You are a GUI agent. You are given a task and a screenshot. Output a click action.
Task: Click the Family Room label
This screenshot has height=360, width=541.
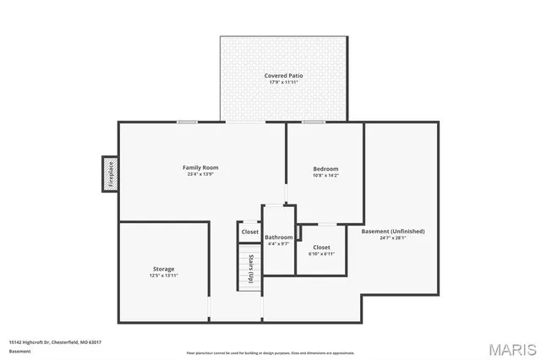201,167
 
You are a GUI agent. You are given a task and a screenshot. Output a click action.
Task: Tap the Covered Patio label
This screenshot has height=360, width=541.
283,76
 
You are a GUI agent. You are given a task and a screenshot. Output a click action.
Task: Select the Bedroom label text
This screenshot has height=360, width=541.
325,169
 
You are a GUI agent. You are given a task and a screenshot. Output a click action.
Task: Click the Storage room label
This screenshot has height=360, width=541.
164,268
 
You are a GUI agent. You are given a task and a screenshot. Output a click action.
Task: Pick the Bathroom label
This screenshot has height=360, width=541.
278,238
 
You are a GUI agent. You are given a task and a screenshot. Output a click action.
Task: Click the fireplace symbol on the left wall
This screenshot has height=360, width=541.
109,174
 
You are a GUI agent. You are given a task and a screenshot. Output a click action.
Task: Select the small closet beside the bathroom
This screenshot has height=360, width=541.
250,232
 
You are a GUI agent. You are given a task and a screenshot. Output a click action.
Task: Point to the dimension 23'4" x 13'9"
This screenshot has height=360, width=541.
201,175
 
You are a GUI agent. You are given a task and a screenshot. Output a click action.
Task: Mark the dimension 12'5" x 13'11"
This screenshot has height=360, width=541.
164,275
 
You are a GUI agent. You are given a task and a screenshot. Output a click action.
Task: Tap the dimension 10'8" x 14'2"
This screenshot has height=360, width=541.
325,177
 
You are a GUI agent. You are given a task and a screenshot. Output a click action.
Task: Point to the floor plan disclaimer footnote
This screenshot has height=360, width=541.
270,352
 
